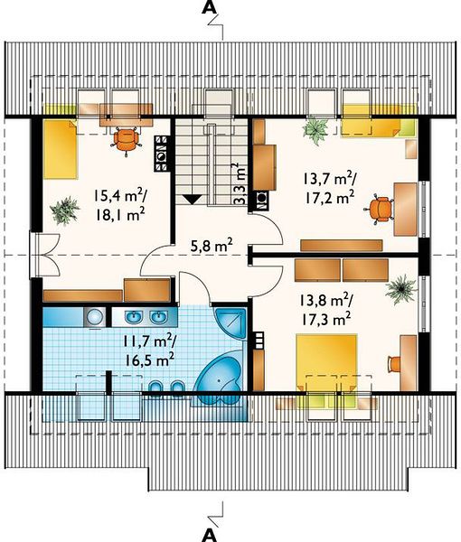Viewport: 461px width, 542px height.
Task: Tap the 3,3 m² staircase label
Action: (x=240, y=183)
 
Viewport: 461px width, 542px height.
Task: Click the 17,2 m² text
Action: (x=329, y=197)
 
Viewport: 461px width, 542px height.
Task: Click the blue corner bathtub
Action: (x=220, y=378)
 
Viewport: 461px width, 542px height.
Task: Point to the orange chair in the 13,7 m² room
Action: (x=380, y=210)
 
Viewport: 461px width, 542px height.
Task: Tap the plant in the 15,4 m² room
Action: (x=65, y=210)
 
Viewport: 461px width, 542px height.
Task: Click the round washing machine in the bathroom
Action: (x=95, y=316)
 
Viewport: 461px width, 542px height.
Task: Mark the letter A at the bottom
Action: (x=210, y=535)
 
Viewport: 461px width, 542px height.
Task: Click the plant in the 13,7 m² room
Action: (x=315, y=130)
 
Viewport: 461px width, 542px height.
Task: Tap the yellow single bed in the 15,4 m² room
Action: (x=61, y=149)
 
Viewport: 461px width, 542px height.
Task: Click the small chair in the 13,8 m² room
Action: (x=394, y=364)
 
